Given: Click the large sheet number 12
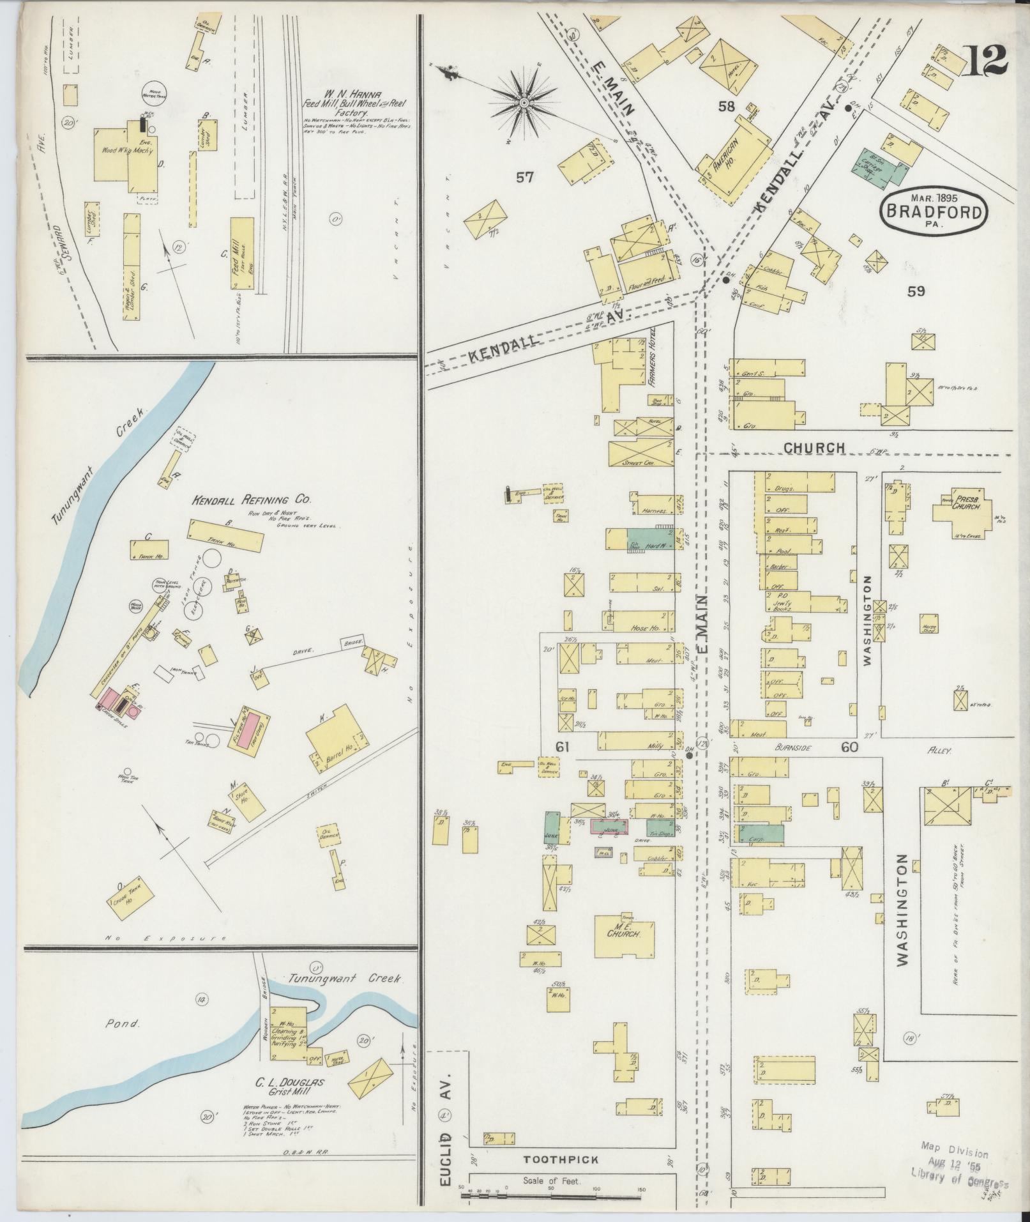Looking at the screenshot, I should [987, 60].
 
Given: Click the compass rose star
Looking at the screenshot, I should [524, 102].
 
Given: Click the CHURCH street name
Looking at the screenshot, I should [814, 448].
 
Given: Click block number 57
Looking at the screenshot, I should [525, 178].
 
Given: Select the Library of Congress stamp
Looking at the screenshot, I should [958, 1163].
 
